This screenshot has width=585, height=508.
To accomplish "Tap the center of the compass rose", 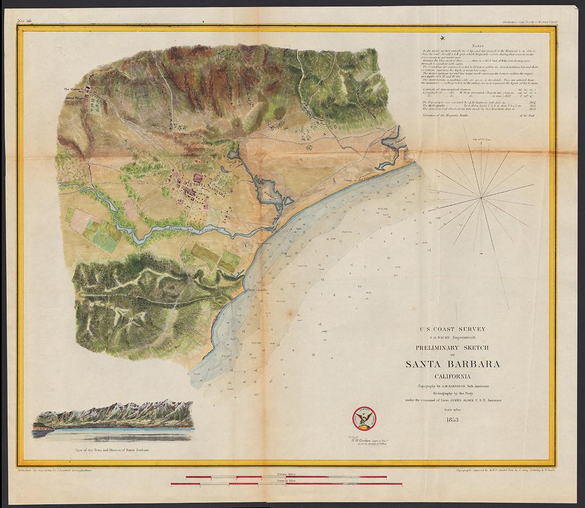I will point(481,198).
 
